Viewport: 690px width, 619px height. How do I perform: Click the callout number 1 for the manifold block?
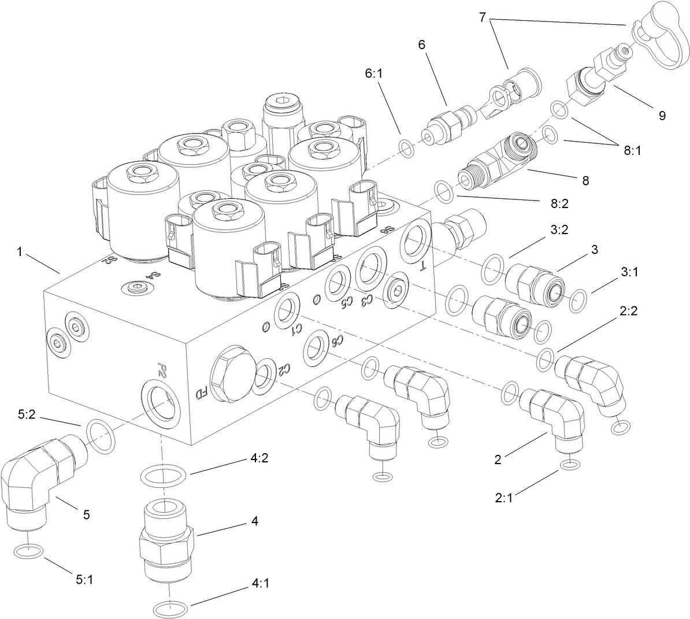coord(21,252)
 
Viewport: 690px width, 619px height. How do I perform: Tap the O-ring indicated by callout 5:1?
coord(28,551)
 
